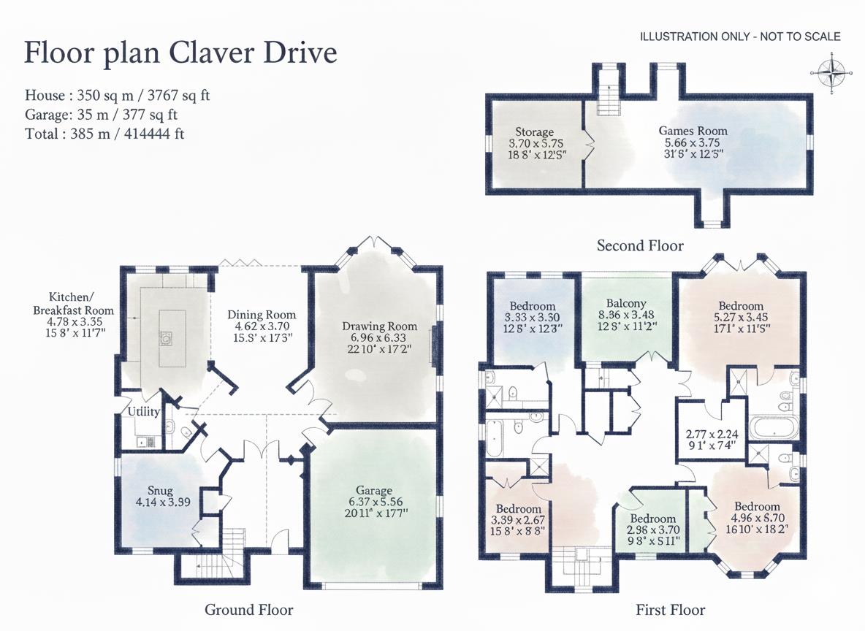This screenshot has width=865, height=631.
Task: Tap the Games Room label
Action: (x=693, y=131)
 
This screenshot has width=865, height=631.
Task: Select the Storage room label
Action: (x=535, y=132)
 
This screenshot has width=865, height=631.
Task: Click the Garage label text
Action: (x=374, y=490)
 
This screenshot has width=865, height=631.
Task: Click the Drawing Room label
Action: (x=379, y=326)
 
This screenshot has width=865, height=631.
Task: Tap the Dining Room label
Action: (x=261, y=315)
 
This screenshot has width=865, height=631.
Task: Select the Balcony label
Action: (x=626, y=303)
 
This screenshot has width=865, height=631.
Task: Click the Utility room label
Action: (x=143, y=412)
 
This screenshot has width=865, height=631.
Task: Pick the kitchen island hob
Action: (x=167, y=338)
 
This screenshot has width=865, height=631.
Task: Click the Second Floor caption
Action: (x=640, y=245)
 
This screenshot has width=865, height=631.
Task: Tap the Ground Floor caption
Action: (x=248, y=609)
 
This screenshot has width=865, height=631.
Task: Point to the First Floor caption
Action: (x=671, y=609)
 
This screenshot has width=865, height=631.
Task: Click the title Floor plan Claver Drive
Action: (x=180, y=53)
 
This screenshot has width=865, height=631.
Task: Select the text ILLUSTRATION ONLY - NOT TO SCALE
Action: (x=740, y=37)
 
